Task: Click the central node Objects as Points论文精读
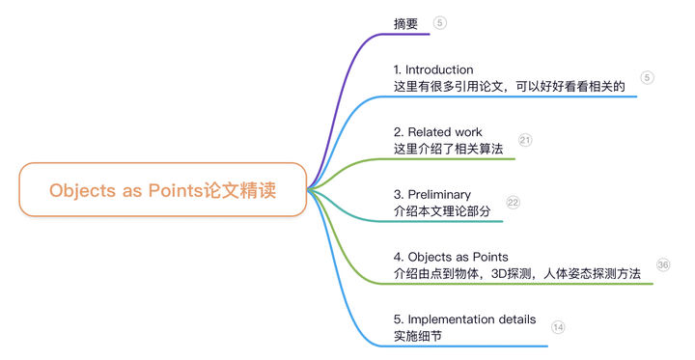162,190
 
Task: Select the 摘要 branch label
406,24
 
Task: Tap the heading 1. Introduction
433,69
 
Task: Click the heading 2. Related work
438,131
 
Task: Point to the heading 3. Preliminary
432,194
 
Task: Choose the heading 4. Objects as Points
451,257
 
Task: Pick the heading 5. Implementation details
464,319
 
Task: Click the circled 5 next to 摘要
440,23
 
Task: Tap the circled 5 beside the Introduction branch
648,77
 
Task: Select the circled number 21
525,140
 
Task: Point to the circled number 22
513,203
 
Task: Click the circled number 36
662,264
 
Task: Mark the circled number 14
558,327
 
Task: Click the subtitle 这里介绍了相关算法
449,149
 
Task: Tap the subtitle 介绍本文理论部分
442,210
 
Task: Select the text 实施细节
418,336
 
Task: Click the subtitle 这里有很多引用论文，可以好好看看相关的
510,86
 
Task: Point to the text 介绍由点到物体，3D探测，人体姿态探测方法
517,273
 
